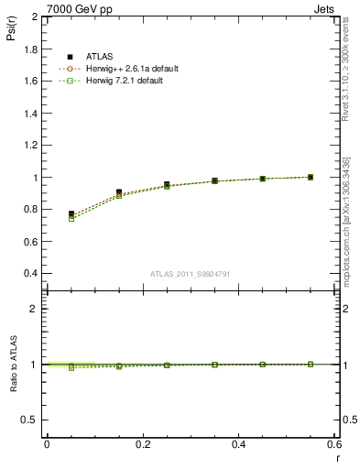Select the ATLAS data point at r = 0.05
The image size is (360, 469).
71,214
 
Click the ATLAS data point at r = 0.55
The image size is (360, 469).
311,177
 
